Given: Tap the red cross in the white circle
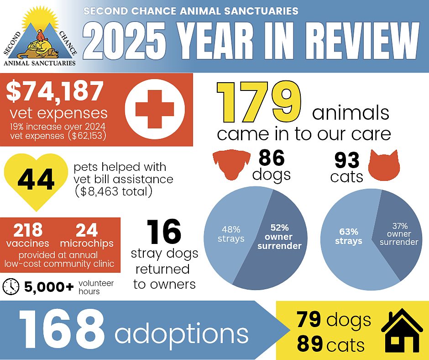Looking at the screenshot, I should pyautogui.click(x=155, y=109).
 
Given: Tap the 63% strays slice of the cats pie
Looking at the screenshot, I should pyautogui.click(x=351, y=242).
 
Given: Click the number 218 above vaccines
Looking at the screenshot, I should pyautogui.click(x=28, y=229).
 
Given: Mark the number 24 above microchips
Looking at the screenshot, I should pyautogui.click(x=87, y=229).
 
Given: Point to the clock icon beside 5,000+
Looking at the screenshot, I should pyautogui.click(x=11, y=286).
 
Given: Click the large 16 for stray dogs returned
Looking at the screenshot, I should pyautogui.click(x=164, y=233).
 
